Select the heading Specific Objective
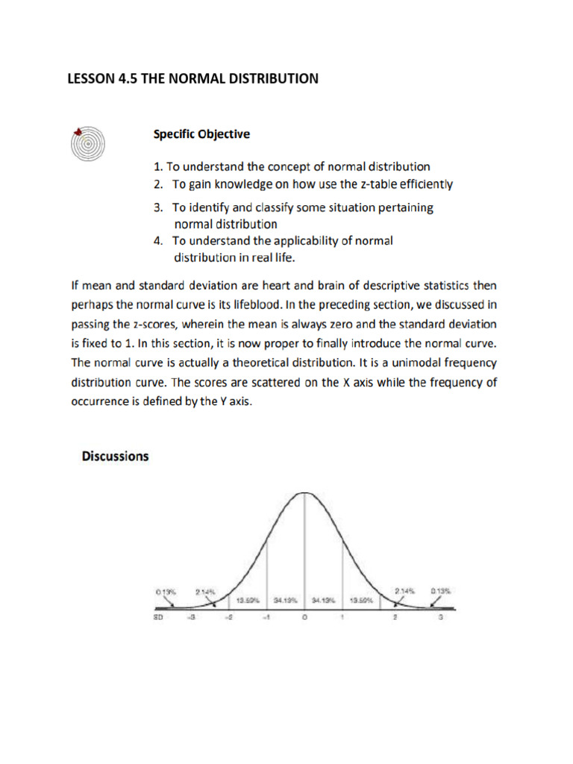(201, 134)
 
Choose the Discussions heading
(115, 456)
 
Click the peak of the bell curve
(304, 493)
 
